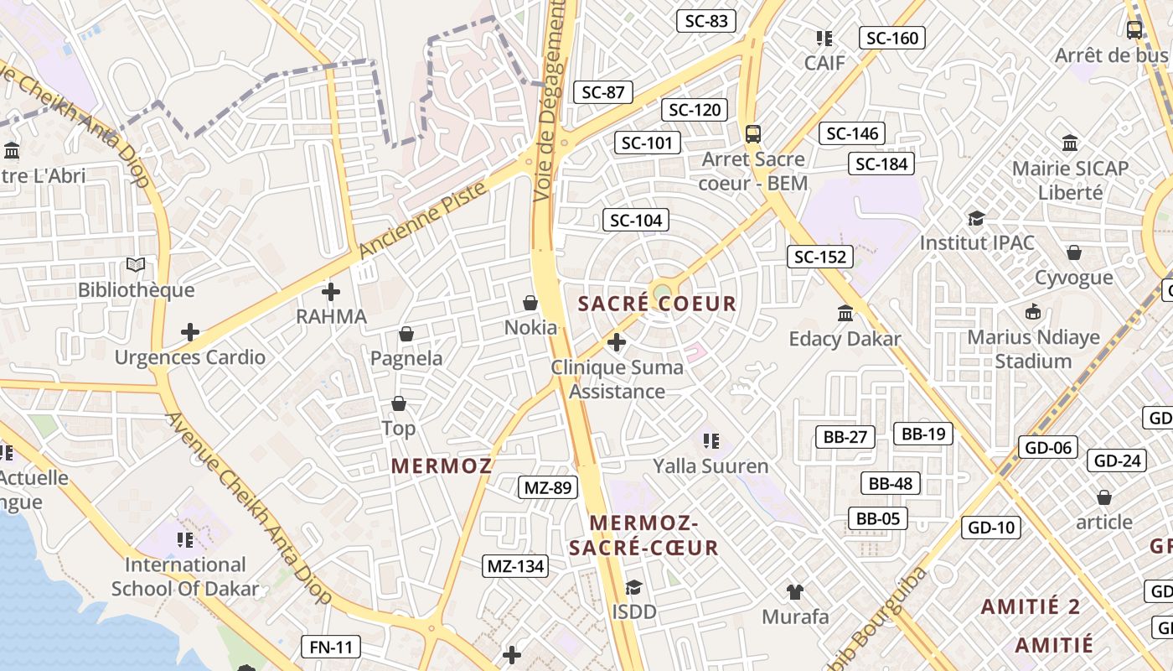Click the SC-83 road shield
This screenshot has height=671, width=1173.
706,21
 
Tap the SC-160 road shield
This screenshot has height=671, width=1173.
892,38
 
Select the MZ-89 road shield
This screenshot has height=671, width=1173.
548,487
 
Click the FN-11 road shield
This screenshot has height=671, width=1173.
331,647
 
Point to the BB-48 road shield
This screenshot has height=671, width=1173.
891,483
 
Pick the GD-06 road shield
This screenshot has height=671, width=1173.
1048,447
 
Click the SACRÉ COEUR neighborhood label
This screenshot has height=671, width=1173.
658,304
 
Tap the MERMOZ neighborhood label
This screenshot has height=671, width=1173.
442,466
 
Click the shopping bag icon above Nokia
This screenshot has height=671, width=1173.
530,302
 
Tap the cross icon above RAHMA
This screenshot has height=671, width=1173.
331,292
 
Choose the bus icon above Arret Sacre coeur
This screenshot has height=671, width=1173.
753,133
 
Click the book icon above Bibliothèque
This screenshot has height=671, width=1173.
136,265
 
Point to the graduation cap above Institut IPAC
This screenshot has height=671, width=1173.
976,218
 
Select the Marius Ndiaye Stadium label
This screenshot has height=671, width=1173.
1032,349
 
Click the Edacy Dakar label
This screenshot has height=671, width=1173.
845,339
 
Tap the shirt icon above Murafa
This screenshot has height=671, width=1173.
795,591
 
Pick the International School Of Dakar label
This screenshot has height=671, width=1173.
185,576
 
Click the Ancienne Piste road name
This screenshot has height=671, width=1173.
423,220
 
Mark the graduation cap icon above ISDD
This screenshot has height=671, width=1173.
633,587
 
